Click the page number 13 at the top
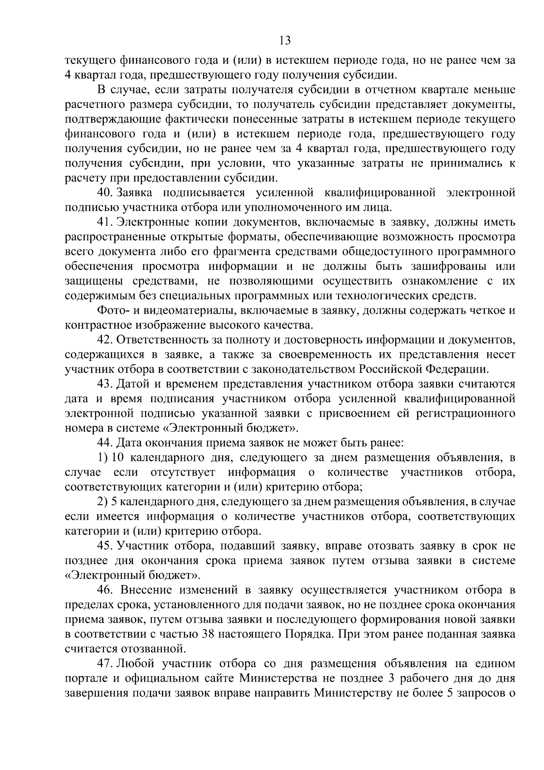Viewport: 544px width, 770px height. pos(285,41)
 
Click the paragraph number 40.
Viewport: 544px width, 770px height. pos(105,193)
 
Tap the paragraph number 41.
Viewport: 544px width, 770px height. pos(105,222)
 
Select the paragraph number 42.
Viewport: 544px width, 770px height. pos(106,340)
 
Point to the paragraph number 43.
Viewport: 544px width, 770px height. pos(106,384)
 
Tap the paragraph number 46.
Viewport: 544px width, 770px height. pos(106,590)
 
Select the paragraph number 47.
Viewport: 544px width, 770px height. pos(105,664)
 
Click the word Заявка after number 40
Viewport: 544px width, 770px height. pos(134,193)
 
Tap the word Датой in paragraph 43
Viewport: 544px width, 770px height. pos(132,384)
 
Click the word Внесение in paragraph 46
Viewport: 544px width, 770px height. pos(145,590)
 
